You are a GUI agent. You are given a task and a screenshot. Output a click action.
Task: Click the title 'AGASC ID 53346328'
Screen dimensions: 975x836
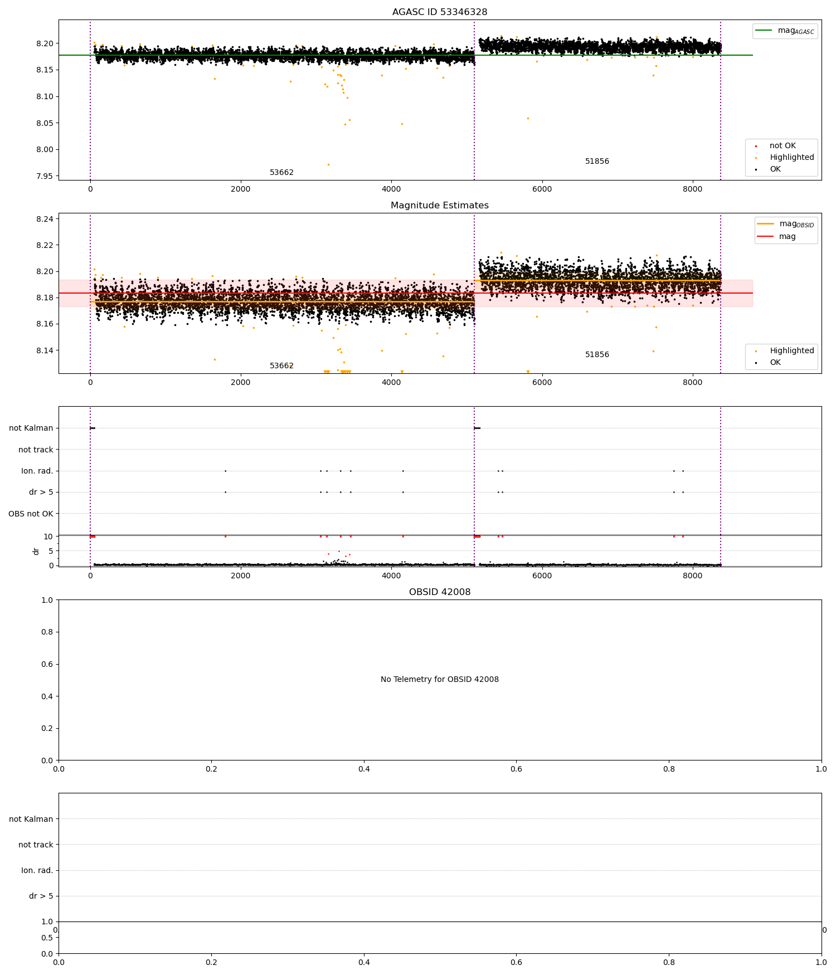(439, 12)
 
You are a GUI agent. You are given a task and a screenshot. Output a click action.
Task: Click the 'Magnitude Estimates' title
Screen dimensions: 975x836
(439, 206)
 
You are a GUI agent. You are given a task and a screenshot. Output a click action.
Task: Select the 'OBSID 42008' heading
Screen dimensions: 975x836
(439, 592)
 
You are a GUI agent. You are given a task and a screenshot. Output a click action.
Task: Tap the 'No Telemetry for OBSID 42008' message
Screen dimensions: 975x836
(439, 680)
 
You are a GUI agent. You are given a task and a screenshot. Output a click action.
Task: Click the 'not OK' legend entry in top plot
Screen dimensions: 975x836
(782, 146)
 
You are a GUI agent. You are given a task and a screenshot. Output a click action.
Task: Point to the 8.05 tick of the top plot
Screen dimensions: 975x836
(46, 123)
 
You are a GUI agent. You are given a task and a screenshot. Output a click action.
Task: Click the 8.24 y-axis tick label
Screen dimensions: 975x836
(46, 219)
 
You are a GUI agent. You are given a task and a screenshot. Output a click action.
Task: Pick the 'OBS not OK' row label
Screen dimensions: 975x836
(31, 514)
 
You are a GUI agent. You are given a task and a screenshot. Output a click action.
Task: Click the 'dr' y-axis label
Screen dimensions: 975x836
(36, 551)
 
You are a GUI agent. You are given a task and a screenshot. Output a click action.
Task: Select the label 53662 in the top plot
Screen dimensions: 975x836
(281, 173)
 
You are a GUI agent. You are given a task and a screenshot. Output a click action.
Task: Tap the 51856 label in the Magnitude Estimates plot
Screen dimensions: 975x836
(597, 355)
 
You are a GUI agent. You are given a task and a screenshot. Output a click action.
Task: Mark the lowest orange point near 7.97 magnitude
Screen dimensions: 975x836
(328, 164)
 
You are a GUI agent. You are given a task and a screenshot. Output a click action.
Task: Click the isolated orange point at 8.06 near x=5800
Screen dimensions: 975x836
(528, 118)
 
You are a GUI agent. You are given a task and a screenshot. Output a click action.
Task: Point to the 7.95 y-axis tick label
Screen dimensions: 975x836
(46, 176)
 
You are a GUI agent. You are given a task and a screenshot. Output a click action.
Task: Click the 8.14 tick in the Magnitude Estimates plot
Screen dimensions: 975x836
(46, 350)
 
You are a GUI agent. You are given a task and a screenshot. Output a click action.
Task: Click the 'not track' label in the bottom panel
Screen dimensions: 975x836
(36, 845)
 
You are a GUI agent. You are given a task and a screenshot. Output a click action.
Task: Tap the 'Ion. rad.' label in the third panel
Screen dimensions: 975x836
(37, 471)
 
